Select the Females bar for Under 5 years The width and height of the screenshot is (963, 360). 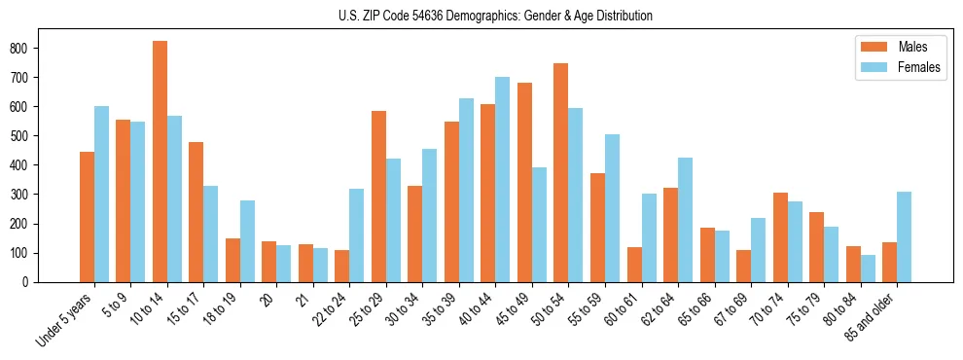click(x=101, y=194)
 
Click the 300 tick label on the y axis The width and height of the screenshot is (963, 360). click(x=27, y=195)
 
